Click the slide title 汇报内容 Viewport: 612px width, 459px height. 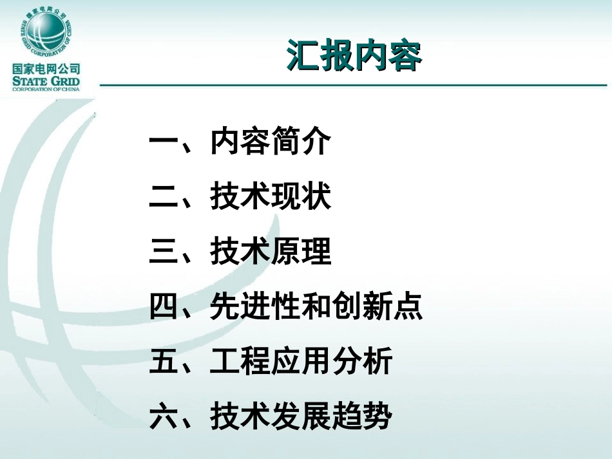(354, 57)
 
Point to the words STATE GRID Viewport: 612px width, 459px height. (46, 81)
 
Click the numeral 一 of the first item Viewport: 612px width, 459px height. (164, 143)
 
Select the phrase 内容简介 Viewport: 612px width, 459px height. (270, 143)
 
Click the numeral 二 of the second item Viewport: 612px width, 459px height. (164, 198)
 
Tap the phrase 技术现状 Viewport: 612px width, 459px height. (270, 198)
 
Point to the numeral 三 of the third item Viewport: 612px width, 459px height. (164, 252)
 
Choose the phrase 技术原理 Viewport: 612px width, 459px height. (270, 252)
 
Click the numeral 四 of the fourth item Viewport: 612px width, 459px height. (164, 307)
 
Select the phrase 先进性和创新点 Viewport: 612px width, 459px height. (316, 307)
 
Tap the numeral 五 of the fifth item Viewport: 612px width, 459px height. (164, 362)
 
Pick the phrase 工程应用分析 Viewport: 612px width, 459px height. (301, 362)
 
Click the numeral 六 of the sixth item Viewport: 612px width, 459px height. (164, 417)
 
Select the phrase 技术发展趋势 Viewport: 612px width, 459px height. (301, 417)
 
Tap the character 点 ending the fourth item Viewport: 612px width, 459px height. (408, 307)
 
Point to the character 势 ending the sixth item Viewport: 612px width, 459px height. (378, 417)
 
